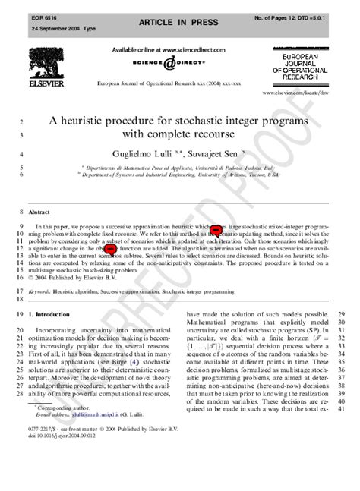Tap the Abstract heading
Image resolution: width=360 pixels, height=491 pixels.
(x=39, y=212)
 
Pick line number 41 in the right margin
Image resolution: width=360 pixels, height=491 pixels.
(x=342, y=409)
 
